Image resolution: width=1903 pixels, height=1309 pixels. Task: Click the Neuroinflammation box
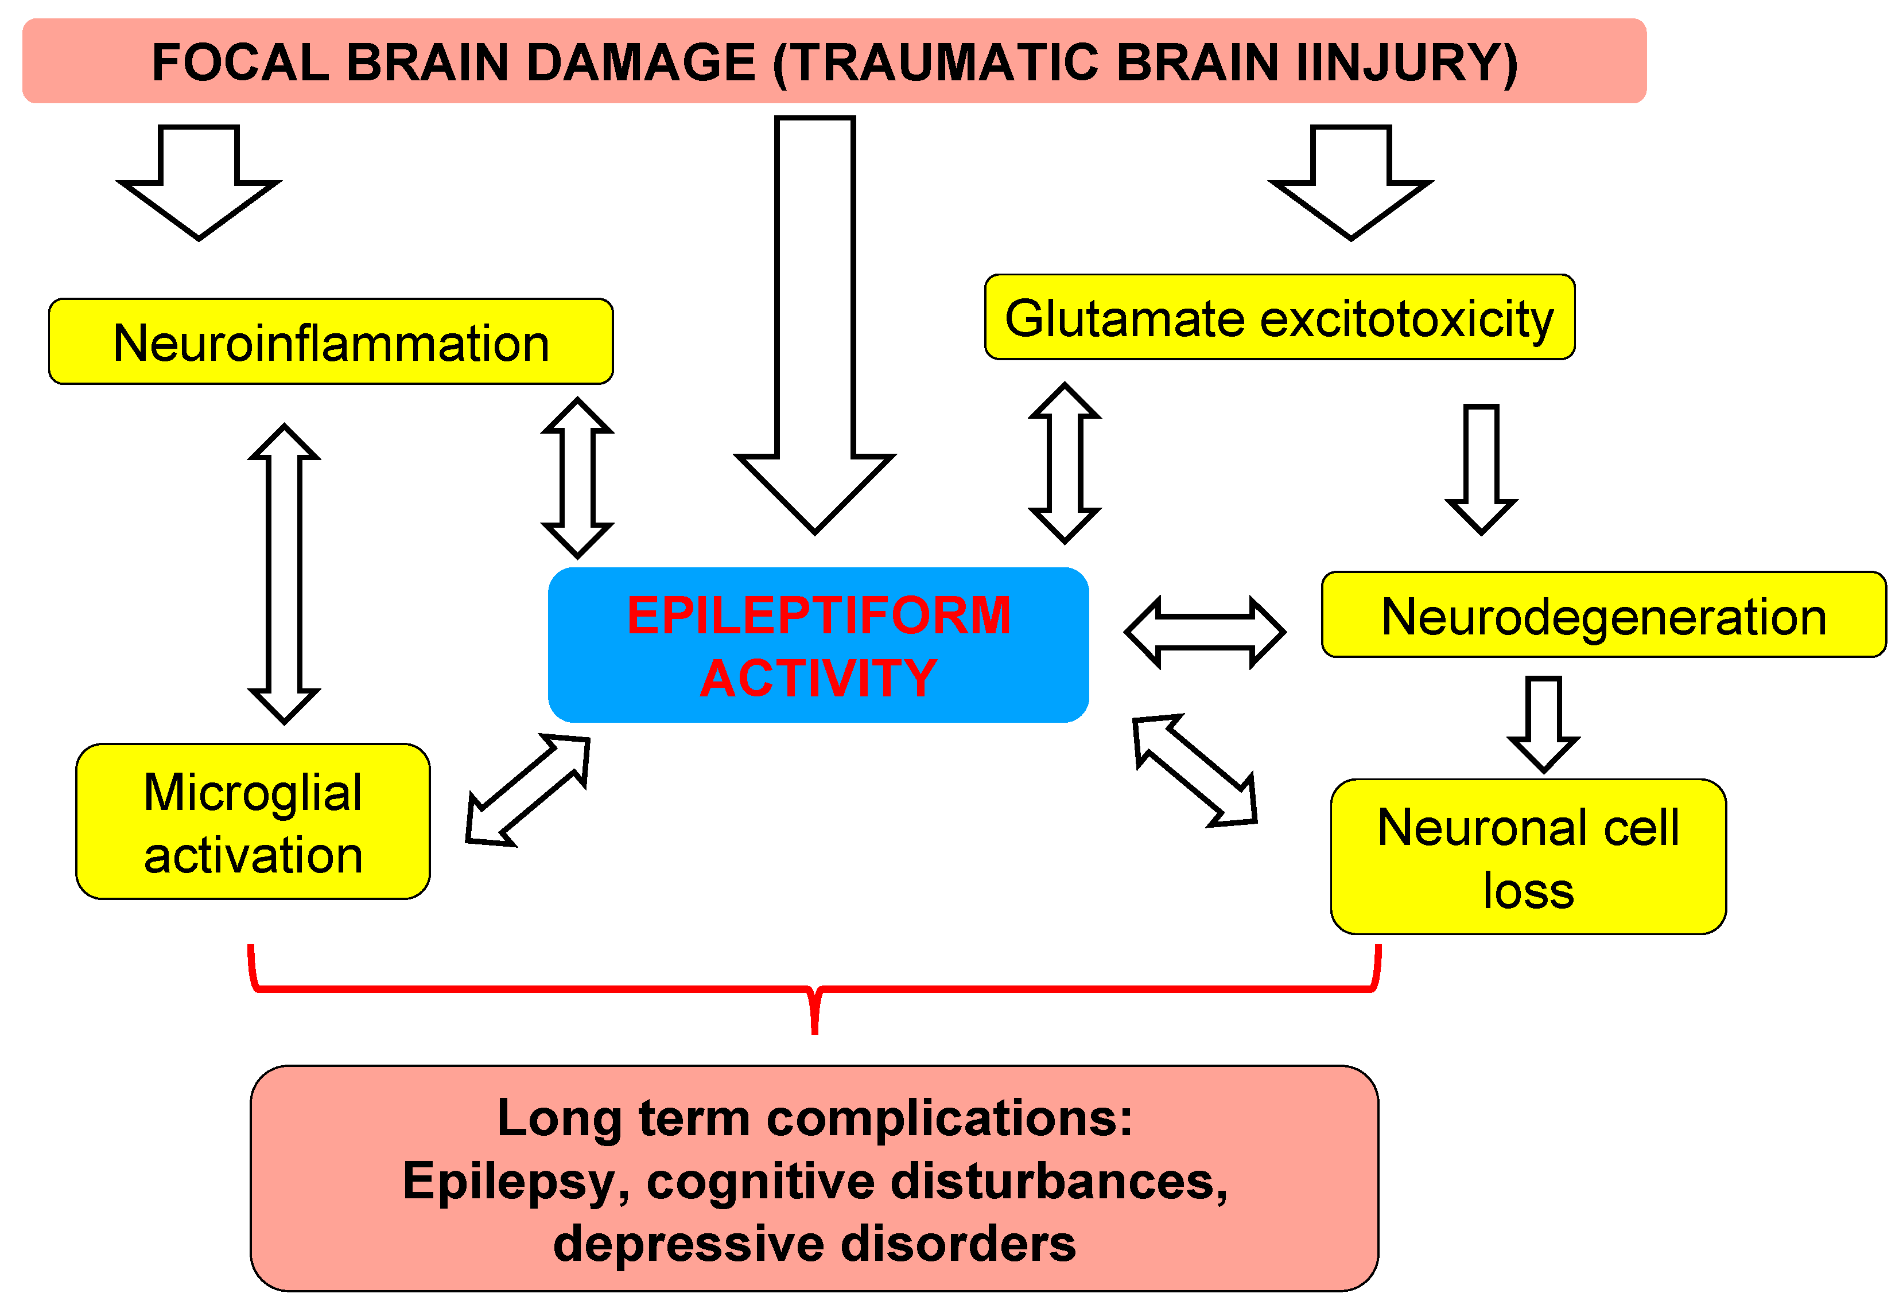click(x=331, y=342)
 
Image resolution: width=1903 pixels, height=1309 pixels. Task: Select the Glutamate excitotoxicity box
click(x=1279, y=317)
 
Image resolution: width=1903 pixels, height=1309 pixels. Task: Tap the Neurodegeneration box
click(x=1603, y=615)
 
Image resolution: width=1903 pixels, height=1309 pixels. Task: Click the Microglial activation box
click(x=253, y=822)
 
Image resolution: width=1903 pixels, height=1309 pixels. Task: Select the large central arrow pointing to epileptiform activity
click(x=815, y=328)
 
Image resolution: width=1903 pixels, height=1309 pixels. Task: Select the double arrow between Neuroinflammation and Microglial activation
click(x=284, y=574)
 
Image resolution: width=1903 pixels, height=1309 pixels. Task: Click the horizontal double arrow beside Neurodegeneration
click(x=1204, y=632)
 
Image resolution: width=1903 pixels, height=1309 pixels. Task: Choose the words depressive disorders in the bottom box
click(x=814, y=1244)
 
